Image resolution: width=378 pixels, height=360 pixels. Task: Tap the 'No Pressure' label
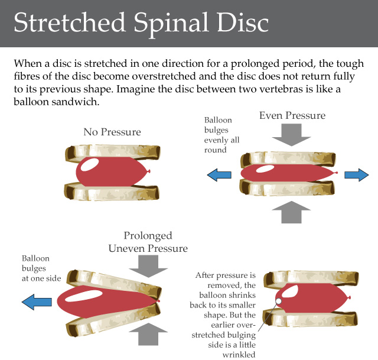[x=112, y=132]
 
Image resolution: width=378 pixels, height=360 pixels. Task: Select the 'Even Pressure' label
[x=292, y=115]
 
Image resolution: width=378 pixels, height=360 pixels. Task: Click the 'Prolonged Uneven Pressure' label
[x=148, y=242]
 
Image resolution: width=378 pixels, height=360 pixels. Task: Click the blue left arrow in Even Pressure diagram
[x=219, y=174]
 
